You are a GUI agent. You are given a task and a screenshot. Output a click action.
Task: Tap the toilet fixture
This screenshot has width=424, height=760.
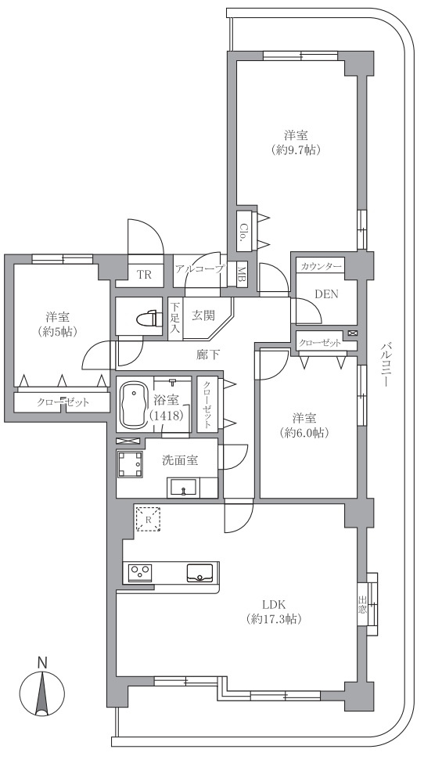coord(149,319)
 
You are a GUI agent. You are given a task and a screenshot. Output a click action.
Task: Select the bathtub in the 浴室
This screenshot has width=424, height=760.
coord(133,404)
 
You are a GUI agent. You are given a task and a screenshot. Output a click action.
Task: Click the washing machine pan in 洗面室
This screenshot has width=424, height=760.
coord(130,465)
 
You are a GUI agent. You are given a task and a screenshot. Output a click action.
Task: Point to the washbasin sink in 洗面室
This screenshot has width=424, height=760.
coord(183,487)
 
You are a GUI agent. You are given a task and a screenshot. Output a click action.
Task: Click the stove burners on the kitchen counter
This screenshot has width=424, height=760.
coord(140,572)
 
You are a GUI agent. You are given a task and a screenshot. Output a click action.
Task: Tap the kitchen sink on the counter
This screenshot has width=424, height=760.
coord(199,572)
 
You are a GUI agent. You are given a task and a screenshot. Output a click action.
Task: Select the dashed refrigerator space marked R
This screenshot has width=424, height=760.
coord(148,519)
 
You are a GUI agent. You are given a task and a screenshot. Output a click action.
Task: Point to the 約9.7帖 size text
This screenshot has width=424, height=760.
coord(296,150)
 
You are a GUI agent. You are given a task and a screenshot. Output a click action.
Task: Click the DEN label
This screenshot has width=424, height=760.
coord(326,294)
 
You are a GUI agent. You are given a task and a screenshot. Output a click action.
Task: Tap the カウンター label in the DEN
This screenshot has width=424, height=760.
coord(320,266)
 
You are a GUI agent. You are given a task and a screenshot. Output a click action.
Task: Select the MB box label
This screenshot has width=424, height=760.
coord(242,275)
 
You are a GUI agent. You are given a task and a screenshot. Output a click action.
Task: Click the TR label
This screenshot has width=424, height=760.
coord(144,276)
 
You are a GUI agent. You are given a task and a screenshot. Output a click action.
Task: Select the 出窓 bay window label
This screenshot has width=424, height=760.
coord(362,604)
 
